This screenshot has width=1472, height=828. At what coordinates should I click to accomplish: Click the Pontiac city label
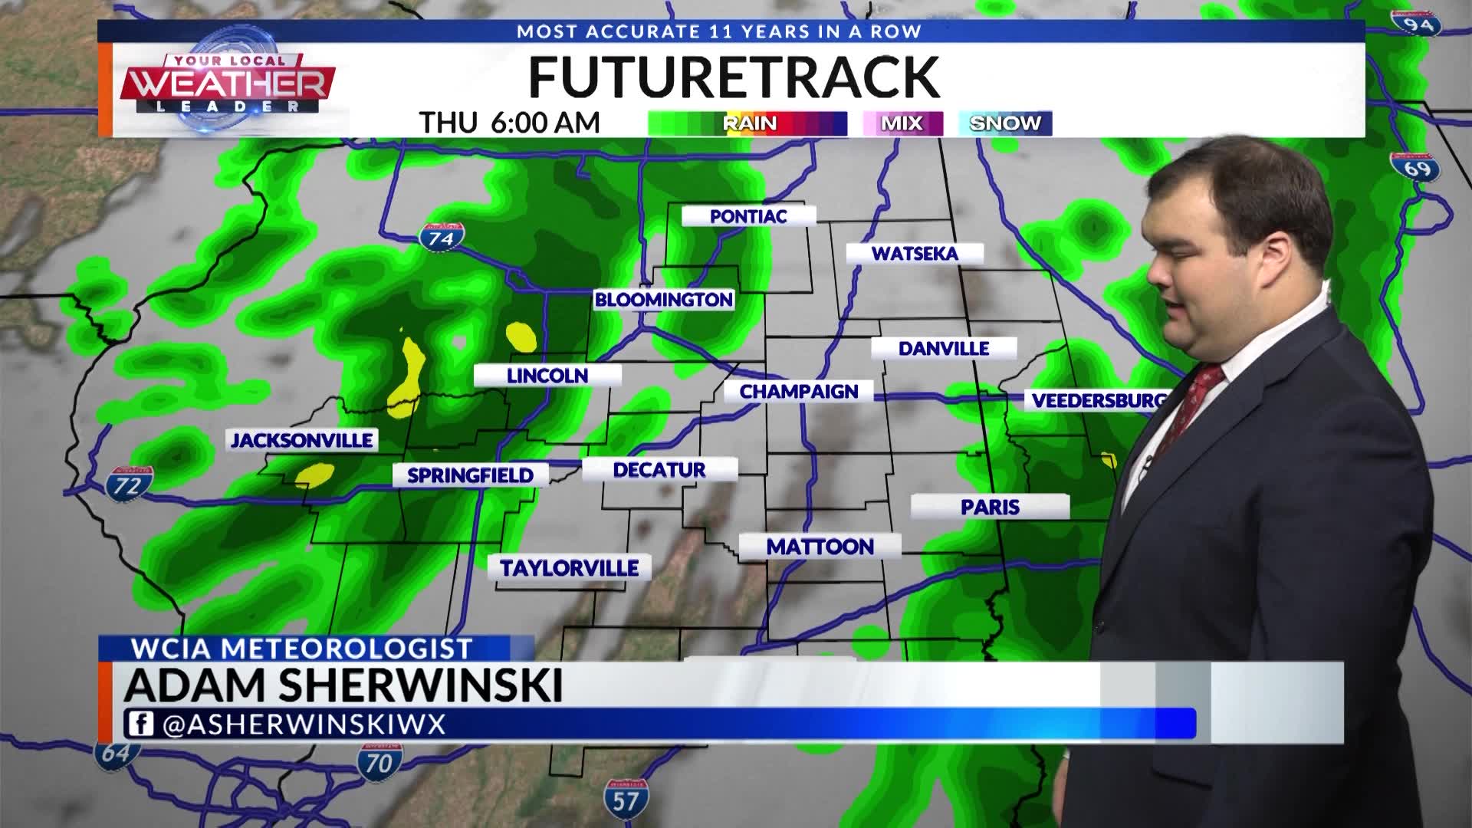(x=748, y=216)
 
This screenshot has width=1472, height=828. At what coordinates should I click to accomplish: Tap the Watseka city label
(x=915, y=254)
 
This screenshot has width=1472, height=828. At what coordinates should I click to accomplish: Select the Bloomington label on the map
(x=664, y=300)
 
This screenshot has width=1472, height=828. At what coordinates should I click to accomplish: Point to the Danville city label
(x=944, y=349)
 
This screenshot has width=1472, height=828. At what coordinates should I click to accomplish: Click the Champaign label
(x=799, y=392)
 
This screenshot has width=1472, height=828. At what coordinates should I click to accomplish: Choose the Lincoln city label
(x=547, y=376)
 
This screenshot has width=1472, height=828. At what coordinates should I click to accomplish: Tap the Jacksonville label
(x=302, y=440)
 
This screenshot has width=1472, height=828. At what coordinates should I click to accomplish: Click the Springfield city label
(x=470, y=475)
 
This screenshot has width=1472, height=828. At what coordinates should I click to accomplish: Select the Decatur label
(x=659, y=470)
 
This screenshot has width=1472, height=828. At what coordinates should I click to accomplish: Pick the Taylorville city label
(x=570, y=568)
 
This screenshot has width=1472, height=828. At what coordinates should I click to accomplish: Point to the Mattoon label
(x=820, y=547)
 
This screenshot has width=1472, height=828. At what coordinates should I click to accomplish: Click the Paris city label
(x=990, y=507)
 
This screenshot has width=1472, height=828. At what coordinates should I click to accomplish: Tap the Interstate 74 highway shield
(x=442, y=237)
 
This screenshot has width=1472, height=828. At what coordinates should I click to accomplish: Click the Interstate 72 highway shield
(x=129, y=484)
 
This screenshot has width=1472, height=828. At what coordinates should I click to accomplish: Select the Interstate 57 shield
(x=625, y=799)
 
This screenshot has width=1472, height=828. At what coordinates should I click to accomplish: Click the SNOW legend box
(x=1005, y=123)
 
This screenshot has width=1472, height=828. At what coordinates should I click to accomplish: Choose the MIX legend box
(x=902, y=123)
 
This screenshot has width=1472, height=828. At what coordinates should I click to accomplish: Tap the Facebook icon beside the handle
(x=140, y=724)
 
